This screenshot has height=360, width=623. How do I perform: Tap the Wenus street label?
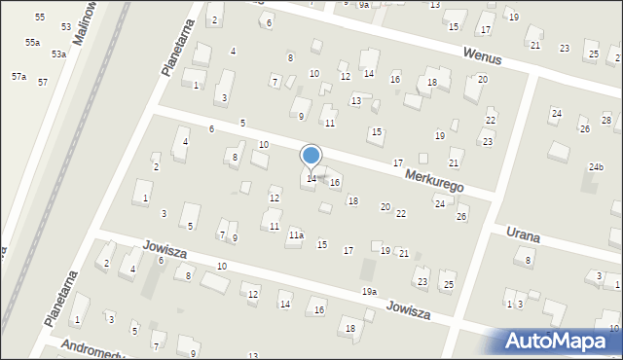483,57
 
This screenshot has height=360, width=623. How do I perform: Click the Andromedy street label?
90,347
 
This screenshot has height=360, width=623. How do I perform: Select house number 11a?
296,234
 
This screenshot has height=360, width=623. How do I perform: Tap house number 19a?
369,292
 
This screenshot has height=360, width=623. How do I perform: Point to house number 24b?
595,167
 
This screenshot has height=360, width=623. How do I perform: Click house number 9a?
362,5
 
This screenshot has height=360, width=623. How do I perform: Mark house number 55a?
32,43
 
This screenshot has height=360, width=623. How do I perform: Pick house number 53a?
58,54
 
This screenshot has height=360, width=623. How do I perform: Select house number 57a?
18,76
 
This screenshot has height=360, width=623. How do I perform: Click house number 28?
605,120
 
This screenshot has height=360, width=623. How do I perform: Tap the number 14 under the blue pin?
311,178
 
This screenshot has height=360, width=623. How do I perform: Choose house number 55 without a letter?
39,18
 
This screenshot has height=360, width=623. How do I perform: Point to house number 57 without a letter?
43,82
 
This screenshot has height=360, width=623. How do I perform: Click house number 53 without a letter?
65,27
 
